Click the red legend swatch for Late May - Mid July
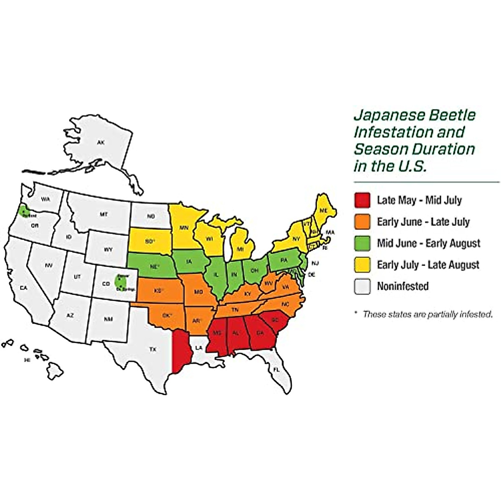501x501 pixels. point(362,200)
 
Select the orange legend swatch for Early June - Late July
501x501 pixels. point(362,222)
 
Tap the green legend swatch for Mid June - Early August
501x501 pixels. point(362,243)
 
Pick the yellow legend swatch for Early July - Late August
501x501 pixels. point(362,265)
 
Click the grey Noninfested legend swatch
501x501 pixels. point(362,286)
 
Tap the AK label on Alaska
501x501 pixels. point(101,143)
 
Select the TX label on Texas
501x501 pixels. point(153,349)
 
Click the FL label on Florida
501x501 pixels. point(276,370)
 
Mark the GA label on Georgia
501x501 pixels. point(260,333)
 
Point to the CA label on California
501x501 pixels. point(24,288)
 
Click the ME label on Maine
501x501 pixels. point(323,211)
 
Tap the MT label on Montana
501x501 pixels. point(104,215)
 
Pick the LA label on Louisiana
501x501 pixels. point(199,347)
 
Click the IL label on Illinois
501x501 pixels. point(216,275)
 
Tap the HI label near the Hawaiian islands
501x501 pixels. point(28,359)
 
